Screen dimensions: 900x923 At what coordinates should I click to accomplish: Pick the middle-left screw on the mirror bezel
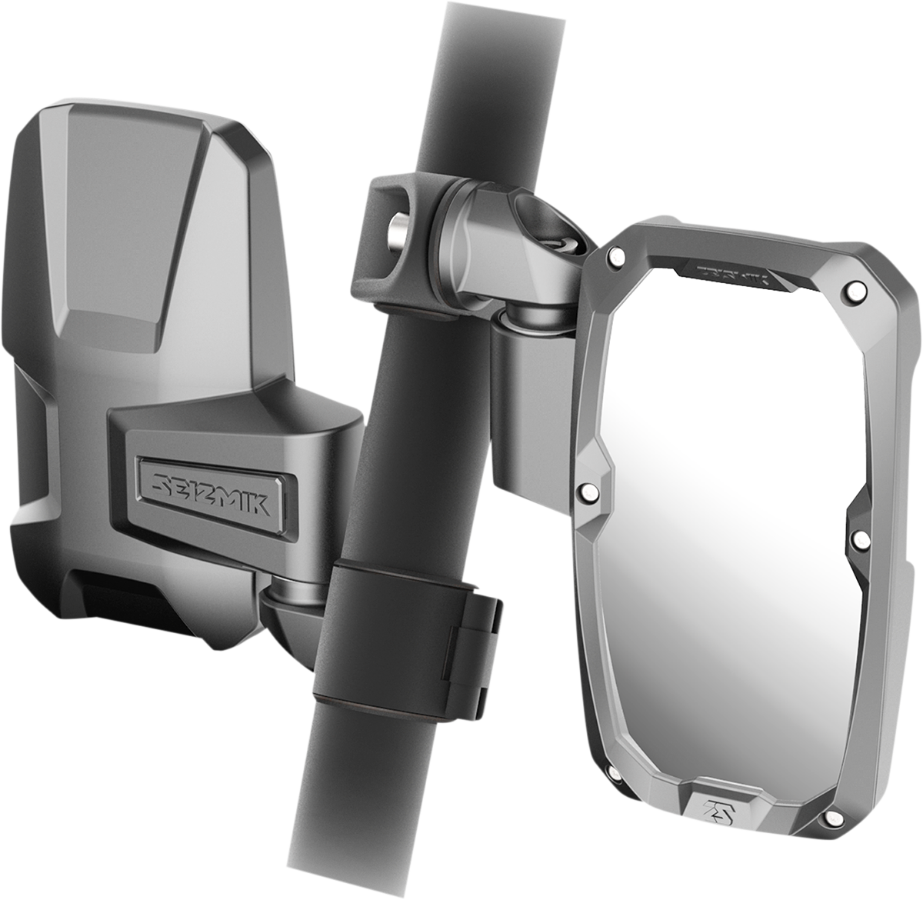pos(588,490)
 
